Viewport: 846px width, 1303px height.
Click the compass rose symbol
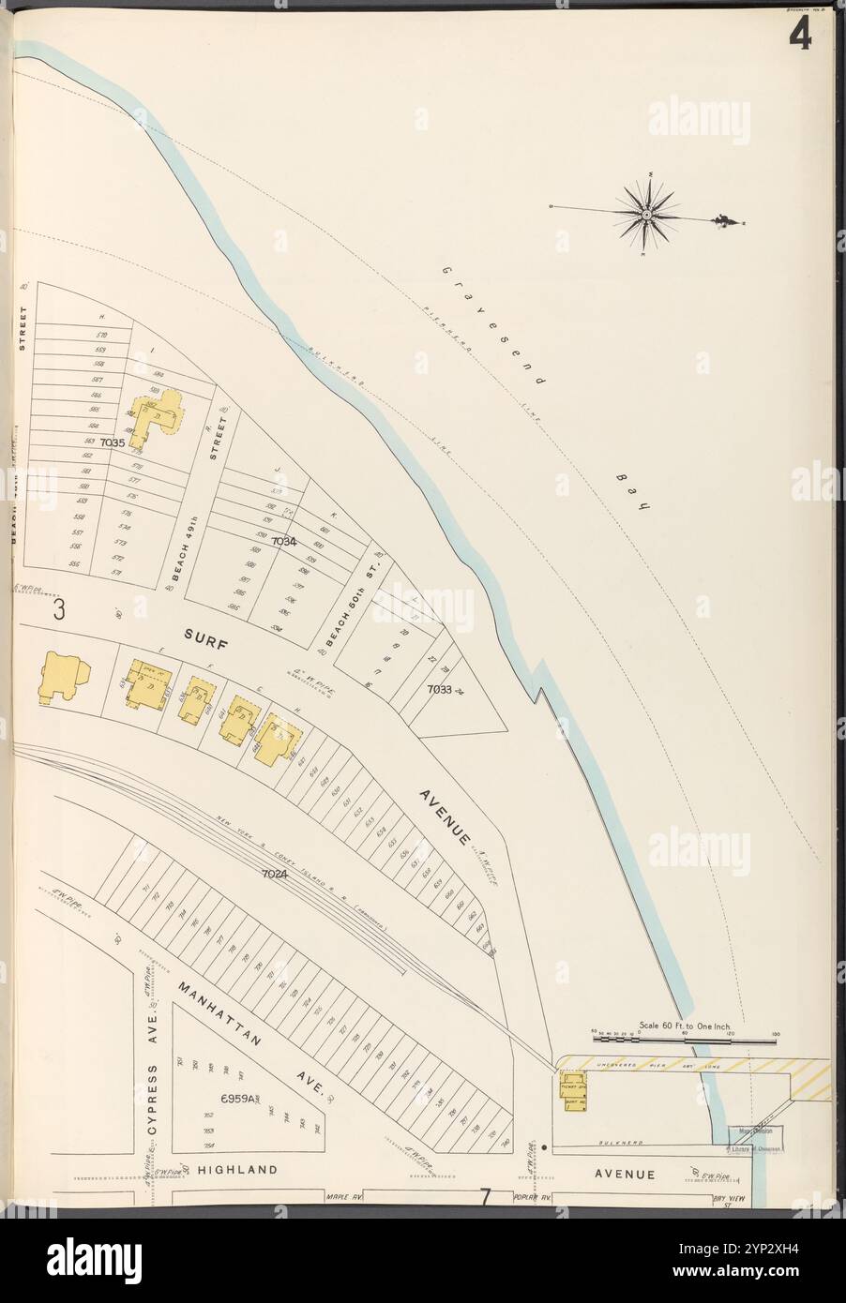pyautogui.click(x=647, y=215)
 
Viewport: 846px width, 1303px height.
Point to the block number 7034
pyautogui.click(x=283, y=542)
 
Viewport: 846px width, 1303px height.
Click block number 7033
pyautogui.click(x=439, y=689)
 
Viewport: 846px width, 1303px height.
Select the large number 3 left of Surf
pyautogui.click(x=59, y=609)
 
